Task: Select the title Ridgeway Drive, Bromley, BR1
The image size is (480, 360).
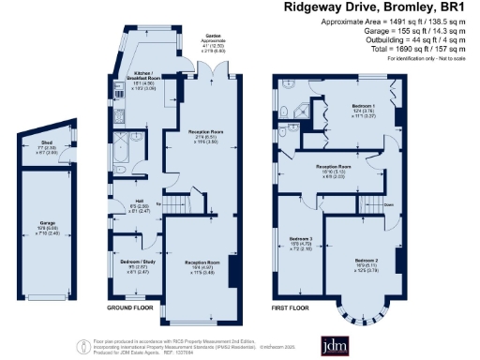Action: pyautogui.click(x=376, y=7)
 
